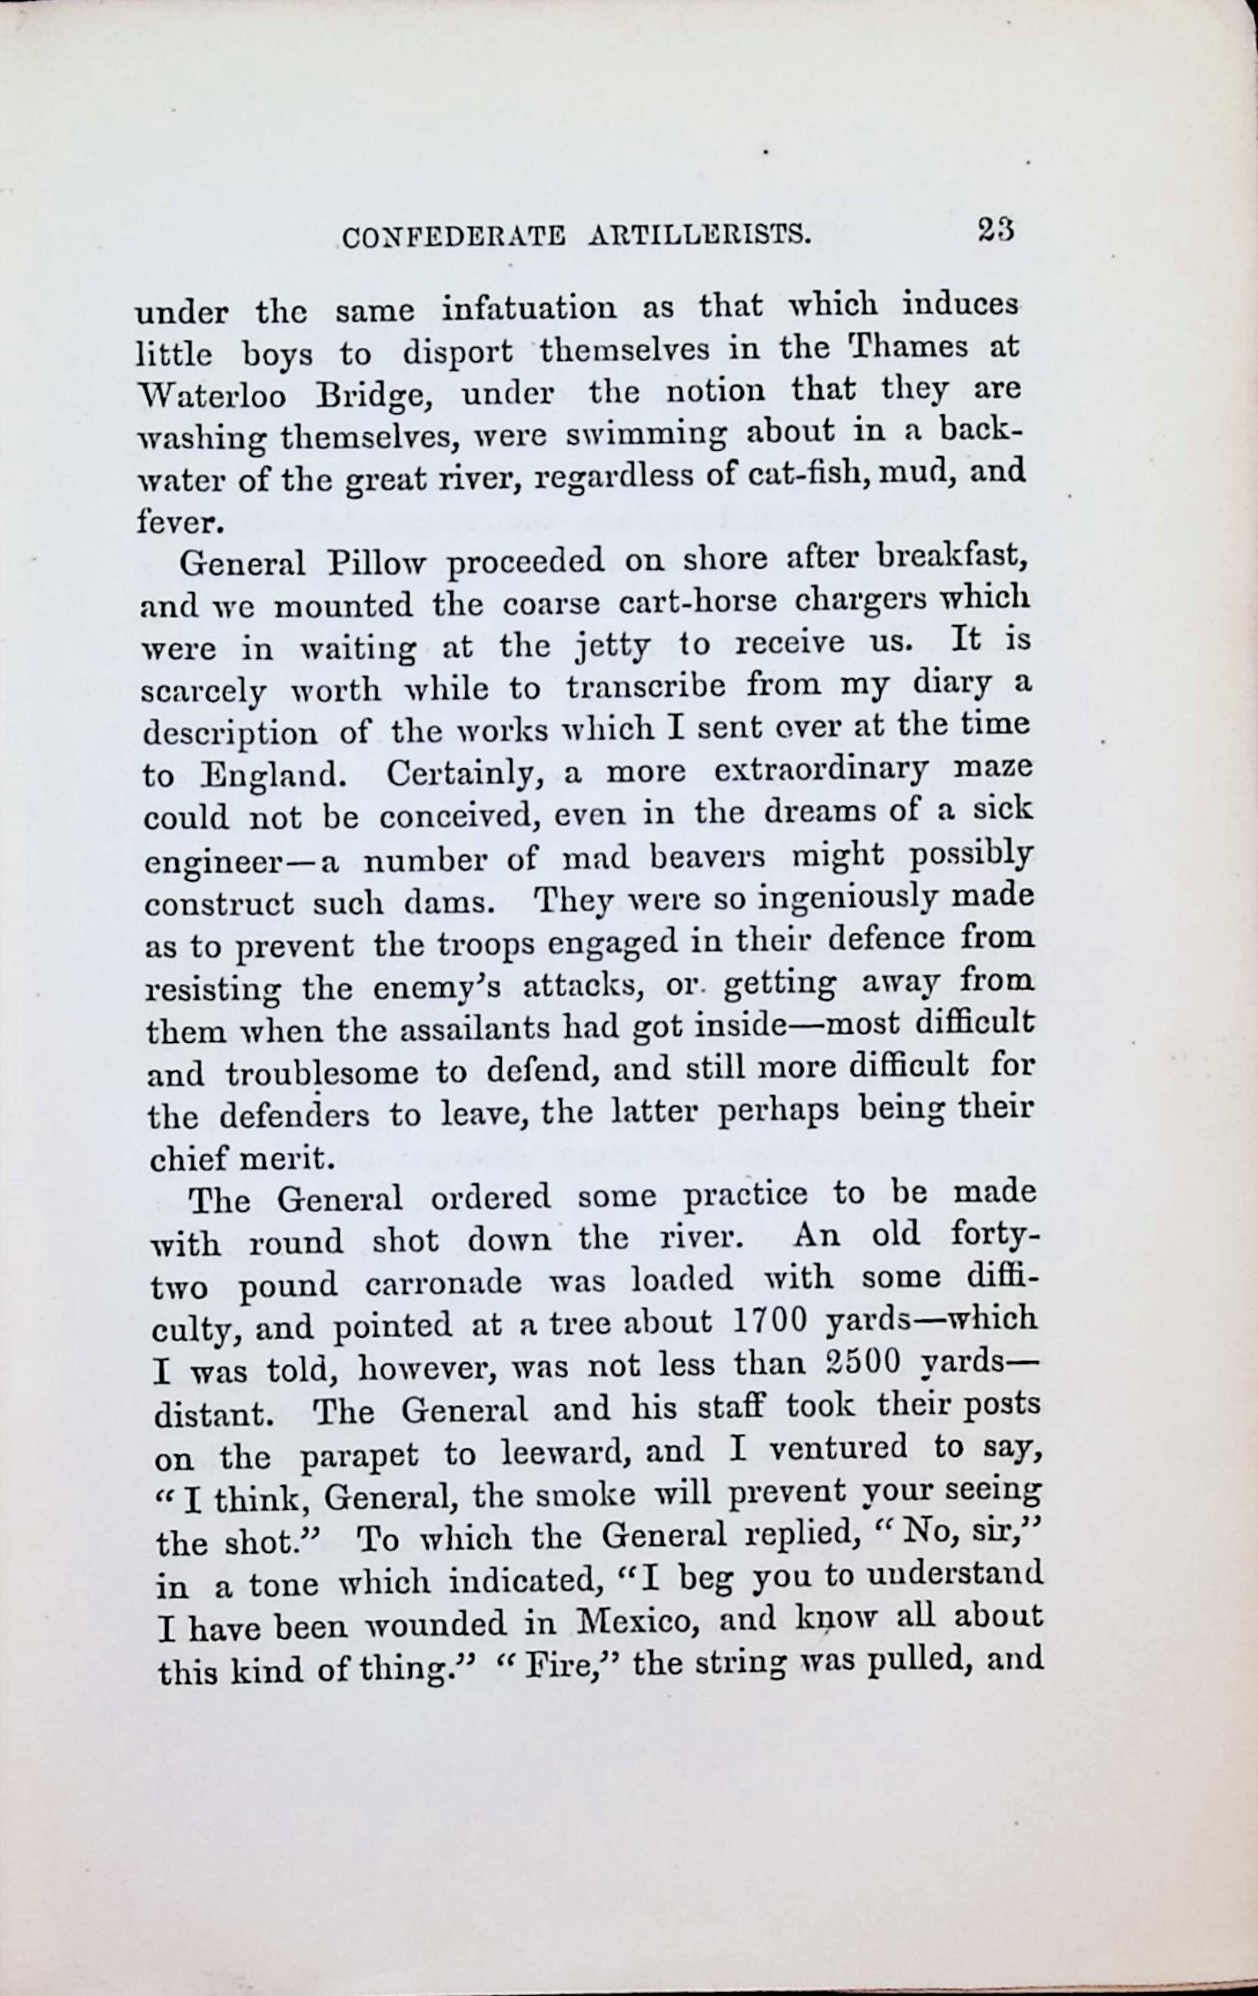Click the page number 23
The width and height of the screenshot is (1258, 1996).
(x=996, y=229)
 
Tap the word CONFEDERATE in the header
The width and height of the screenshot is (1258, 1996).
(x=453, y=238)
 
